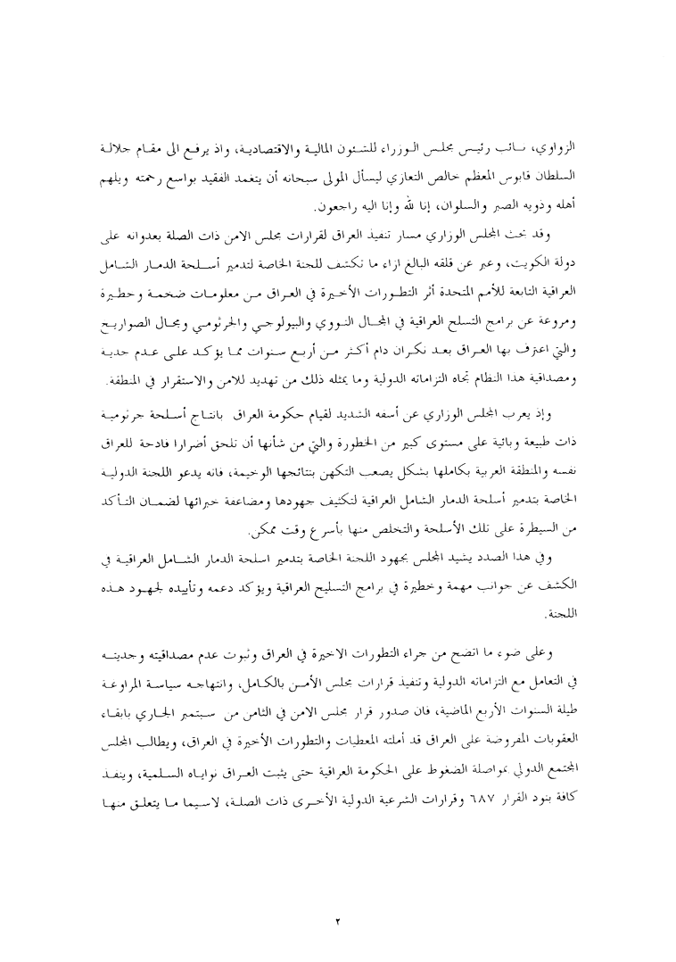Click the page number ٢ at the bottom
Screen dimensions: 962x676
click(338, 895)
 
